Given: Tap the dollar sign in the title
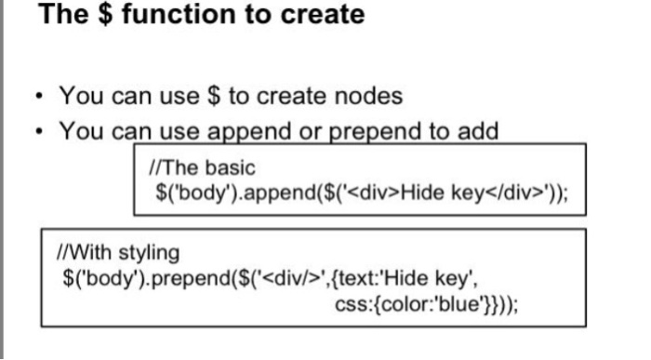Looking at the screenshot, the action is point(105,14).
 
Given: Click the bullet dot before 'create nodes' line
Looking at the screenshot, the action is point(39,97).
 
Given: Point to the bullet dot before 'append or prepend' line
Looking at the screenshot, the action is point(39,131).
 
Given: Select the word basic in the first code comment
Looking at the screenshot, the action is point(231,167).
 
